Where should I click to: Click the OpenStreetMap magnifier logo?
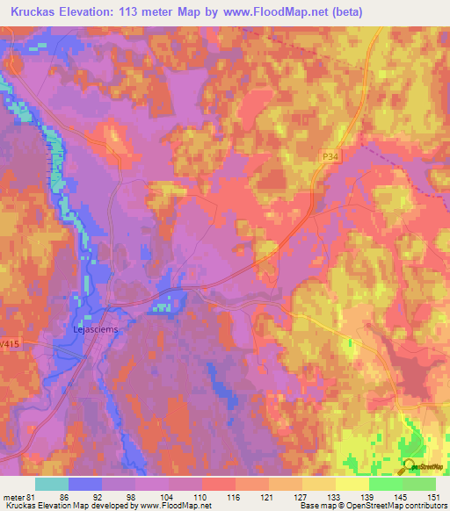410,468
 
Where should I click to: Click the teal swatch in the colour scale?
52,484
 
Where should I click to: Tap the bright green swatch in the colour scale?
386,484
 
